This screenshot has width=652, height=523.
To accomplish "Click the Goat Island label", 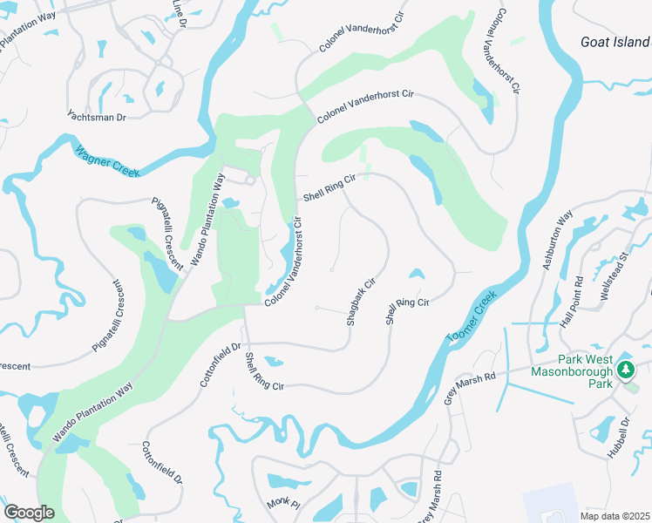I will [x=615, y=42].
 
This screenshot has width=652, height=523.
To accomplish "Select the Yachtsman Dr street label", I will [x=97, y=115].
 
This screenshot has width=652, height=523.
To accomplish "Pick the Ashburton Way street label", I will [x=558, y=239].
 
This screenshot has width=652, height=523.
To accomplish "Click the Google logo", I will [x=29, y=513].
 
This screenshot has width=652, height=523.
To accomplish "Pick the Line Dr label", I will [x=180, y=10].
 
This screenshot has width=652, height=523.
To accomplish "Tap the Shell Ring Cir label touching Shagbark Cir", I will [x=407, y=312].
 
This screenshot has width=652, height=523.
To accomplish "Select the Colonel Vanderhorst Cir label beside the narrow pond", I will [x=287, y=261].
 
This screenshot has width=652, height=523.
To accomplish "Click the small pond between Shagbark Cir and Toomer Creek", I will [x=416, y=275].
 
